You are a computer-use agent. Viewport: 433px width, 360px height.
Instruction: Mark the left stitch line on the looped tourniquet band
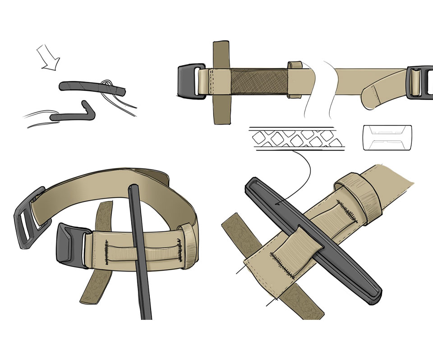click(x=107, y=253)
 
